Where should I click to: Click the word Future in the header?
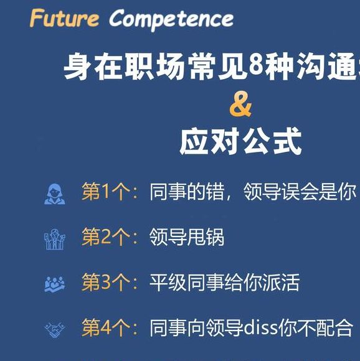[64, 19]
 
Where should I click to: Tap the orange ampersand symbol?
[240, 106]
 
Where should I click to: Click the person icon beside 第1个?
[55, 193]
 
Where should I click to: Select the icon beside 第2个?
[55, 238]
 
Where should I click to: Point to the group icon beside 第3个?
[55, 284]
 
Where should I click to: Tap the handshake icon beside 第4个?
[55, 329]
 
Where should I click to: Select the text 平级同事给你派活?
[225, 283]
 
